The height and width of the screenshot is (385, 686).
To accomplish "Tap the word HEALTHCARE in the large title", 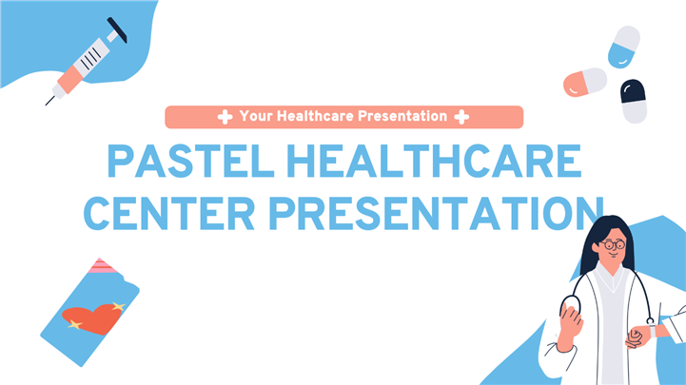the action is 434,162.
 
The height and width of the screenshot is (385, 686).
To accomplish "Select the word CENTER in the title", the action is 169,214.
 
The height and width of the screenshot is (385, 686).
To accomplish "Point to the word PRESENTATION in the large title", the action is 436,214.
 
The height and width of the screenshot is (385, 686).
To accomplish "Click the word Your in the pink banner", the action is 256,116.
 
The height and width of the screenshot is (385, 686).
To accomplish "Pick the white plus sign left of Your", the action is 225,117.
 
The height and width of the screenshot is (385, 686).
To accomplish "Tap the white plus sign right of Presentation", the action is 461,117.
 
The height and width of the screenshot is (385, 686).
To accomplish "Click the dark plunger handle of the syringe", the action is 117,29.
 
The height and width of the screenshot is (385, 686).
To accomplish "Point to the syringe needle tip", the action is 46,105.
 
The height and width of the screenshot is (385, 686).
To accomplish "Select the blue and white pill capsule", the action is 624,47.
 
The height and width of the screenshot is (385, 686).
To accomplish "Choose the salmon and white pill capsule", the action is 585,82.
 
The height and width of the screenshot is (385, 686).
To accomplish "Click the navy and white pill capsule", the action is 634,101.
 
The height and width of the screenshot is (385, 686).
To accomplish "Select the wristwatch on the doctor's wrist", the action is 653,331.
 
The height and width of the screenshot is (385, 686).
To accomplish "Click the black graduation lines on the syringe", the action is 91,59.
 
